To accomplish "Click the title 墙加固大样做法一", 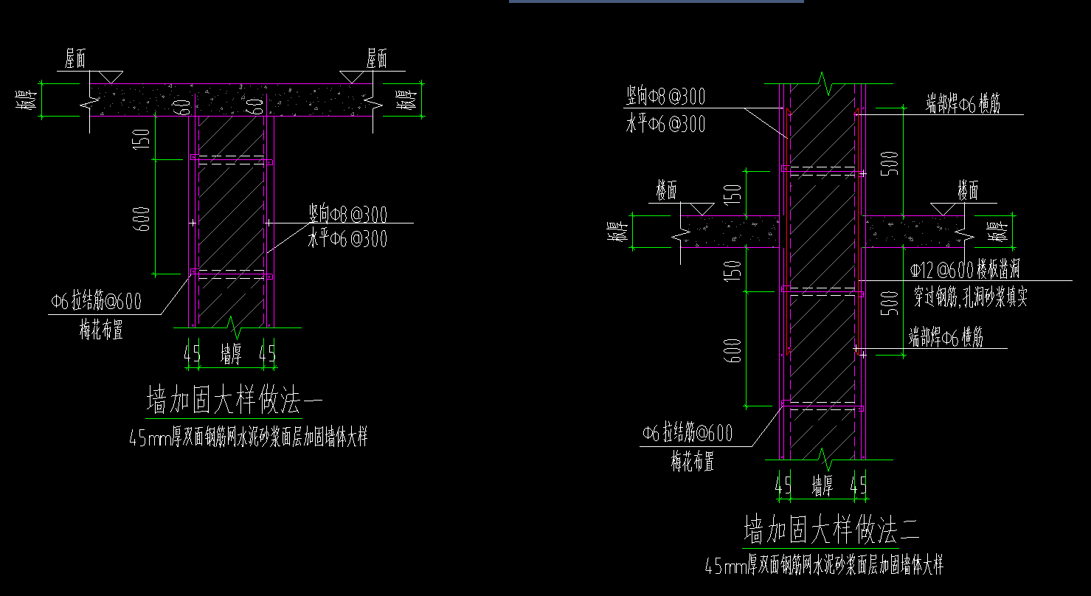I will [x=235, y=402].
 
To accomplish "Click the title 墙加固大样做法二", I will [x=831, y=530].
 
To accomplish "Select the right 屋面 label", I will [x=376, y=59].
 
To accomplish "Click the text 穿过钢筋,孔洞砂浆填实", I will [x=970, y=297].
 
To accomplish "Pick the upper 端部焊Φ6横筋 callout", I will [x=974, y=105].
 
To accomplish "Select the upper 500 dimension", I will [x=891, y=163].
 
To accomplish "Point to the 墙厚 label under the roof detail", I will [x=231, y=356].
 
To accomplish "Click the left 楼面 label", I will [x=667, y=192].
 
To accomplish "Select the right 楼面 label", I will [x=968, y=192].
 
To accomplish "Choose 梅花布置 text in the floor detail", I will [x=693, y=463].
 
